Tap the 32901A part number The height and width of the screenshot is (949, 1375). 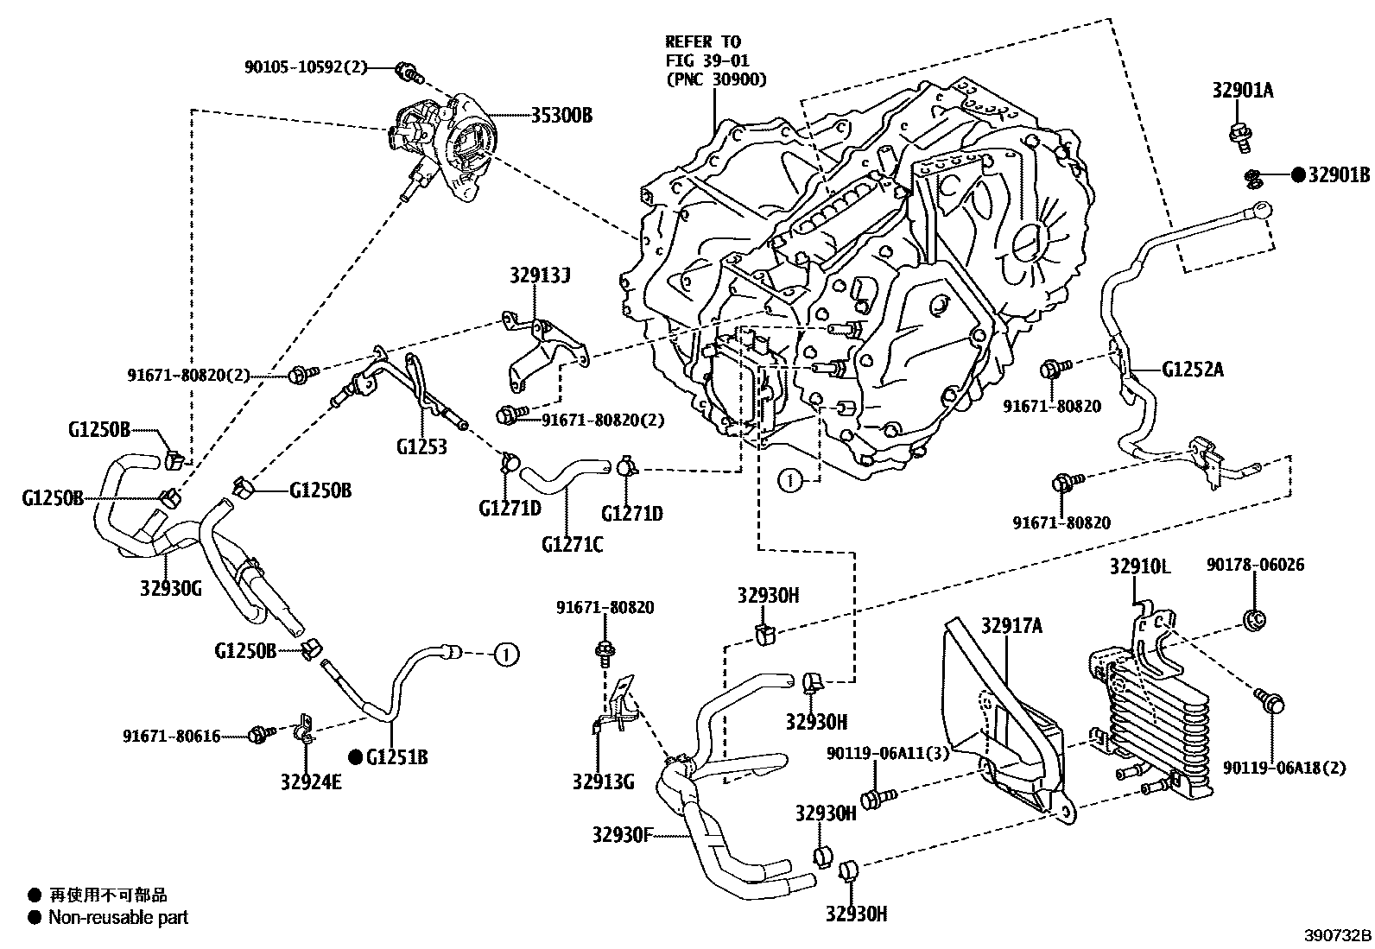(x=1242, y=92)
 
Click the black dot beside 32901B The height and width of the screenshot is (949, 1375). (x=1298, y=174)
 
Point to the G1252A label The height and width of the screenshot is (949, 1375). (x=1193, y=370)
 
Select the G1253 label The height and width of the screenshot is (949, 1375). (x=422, y=446)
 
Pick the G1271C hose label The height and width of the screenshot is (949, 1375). (x=573, y=545)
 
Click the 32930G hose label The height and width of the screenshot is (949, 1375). (x=170, y=589)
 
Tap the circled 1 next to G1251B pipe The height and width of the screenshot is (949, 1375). (x=507, y=655)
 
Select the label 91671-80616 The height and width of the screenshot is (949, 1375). (x=171, y=736)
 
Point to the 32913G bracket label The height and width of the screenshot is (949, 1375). (x=603, y=782)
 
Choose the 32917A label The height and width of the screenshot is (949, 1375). (x=1011, y=626)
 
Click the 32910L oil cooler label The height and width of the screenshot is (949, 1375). (x=1140, y=567)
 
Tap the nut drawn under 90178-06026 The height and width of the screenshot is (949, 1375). (x=1256, y=618)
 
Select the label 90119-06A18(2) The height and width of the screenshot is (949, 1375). (x=1283, y=768)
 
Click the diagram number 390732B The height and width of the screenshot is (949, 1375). (x=1337, y=936)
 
